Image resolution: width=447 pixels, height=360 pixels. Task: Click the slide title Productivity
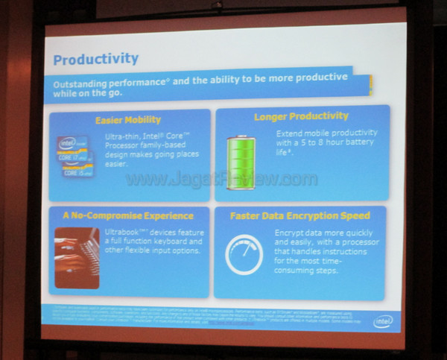point(96,58)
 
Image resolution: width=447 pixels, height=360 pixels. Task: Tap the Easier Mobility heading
point(127,119)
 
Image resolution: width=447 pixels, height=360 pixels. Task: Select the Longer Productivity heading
point(301,116)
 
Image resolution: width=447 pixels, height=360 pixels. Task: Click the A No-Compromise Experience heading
point(127,216)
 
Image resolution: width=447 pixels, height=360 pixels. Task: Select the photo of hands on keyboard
point(76,257)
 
